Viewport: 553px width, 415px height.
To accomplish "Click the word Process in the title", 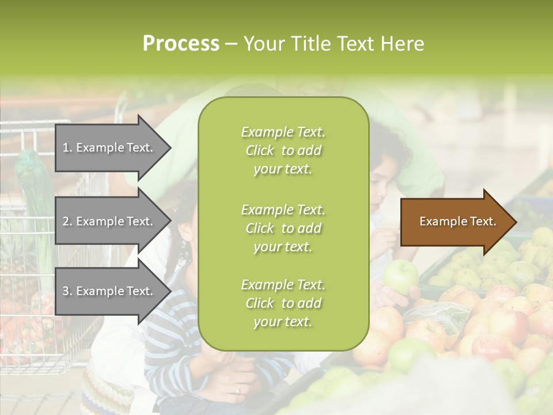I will click(x=181, y=44).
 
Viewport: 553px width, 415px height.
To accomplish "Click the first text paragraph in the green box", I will click(x=283, y=150).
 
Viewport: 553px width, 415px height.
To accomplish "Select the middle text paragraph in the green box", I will click(x=283, y=228).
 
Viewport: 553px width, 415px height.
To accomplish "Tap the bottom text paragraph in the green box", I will click(x=283, y=303).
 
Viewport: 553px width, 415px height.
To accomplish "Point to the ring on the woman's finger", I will click(x=238, y=389).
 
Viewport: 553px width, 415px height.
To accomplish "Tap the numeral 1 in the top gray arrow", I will click(x=66, y=148).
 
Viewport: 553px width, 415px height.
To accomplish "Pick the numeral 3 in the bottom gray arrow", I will click(x=66, y=291).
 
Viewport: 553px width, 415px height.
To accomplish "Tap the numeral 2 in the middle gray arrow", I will click(x=66, y=221).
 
